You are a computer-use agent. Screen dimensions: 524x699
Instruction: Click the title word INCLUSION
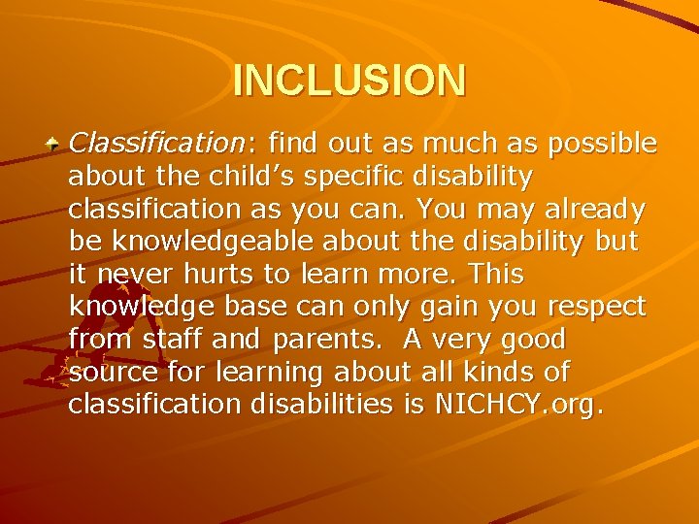[349, 81]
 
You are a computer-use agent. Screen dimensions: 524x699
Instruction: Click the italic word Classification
[158, 144]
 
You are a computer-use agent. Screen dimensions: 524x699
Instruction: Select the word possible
[603, 145]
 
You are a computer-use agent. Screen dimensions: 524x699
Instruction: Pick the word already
[598, 210]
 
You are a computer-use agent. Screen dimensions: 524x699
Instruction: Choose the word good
[532, 341]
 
